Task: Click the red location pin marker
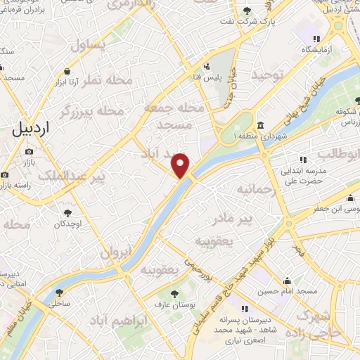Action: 181,165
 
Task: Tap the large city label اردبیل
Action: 32,128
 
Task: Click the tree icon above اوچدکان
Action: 67,212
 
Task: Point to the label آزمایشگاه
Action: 317,51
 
